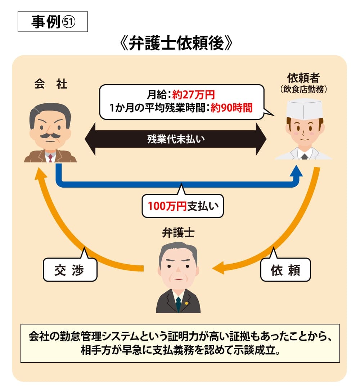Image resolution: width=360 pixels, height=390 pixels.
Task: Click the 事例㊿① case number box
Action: (53, 22)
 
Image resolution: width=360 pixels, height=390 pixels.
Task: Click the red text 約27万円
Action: (193, 95)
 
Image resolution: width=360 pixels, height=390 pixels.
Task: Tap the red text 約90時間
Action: (231, 108)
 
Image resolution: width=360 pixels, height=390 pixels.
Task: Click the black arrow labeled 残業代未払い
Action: (176, 139)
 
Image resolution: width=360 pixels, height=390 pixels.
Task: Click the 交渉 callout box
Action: (70, 269)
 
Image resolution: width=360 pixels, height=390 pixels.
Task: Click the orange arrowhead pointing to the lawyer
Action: (218, 268)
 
